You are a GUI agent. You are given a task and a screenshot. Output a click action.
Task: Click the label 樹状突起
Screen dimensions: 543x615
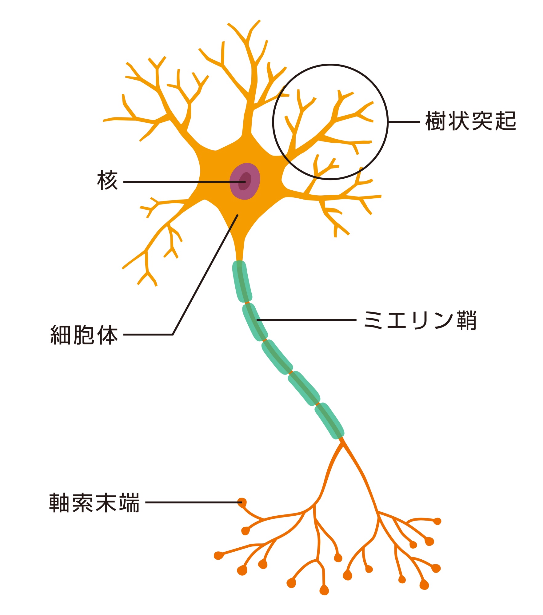[x=470, y=121]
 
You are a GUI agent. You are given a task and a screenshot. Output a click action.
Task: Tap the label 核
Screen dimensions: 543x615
[x=107, y=180]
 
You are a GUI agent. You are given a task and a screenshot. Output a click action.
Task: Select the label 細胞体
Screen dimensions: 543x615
[x=84, y=335]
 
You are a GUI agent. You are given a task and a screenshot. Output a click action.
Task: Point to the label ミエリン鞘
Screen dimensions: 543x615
[x=420, y=320]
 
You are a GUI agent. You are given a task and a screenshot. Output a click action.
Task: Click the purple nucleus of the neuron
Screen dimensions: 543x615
[x=245, y=181]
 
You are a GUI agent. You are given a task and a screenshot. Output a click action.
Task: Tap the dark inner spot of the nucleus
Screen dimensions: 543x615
[x=245, y=181]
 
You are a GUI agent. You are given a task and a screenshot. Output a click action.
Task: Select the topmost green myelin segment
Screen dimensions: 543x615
[x=242, y=281]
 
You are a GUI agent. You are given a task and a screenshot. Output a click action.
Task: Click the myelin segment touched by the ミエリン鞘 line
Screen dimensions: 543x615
[x=255, y=322]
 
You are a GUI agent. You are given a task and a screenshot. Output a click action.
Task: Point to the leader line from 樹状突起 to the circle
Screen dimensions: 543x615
[x=404, y=122]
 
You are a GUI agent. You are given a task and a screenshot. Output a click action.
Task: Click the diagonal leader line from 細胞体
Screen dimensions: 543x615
[x=205, y=274]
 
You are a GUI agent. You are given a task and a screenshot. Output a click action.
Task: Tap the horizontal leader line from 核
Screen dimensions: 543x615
[x=184, y=182]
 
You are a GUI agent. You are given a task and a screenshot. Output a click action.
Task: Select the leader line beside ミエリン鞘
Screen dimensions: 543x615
[x=306, y=320]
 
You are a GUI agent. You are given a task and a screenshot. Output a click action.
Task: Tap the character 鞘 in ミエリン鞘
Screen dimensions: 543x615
[x=466, y=320]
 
